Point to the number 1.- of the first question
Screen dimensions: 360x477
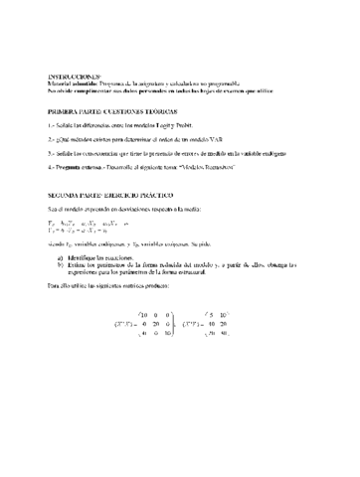point(51,127)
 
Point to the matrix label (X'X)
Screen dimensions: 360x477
point(131,323)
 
